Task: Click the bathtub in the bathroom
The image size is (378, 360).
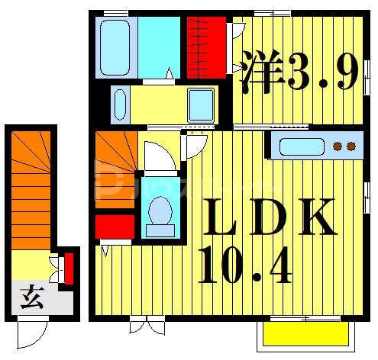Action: click(x=115, y=47)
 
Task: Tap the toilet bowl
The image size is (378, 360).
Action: click(x=160, y=211)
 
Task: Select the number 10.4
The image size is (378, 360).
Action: click(x=244, y=263)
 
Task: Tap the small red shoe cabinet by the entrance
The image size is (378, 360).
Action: click(x=69, y=268)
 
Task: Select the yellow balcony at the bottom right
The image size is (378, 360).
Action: click(x=306, y=333)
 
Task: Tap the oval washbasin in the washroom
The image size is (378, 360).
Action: click(x=118, y=104)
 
